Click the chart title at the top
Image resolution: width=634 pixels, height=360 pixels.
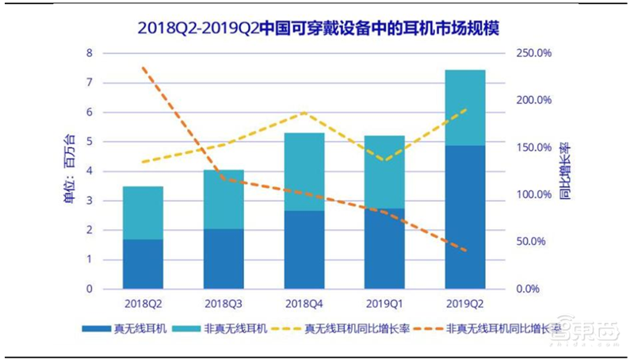click(x=317, y=27)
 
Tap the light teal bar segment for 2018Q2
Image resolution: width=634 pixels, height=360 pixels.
click(x=143, y=213)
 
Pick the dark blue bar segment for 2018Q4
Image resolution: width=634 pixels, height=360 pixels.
click(x=304, y=250)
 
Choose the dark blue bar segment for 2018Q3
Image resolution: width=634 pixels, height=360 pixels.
click(x=223, y=259)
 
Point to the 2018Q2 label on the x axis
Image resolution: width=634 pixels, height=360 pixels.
click(x=143, y=303)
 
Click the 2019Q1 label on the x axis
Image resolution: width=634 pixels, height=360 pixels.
click(x=384, y=303)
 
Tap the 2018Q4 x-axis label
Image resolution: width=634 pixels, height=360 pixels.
click(x=304, y=303)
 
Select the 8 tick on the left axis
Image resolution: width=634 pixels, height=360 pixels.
click(x=90, y=53)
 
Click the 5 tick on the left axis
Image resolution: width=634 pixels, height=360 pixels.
click(x=90, y=142)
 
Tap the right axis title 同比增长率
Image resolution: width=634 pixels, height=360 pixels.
click(x=564, y=170)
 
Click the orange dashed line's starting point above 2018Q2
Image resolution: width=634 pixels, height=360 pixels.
click(x=143, y=68)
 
